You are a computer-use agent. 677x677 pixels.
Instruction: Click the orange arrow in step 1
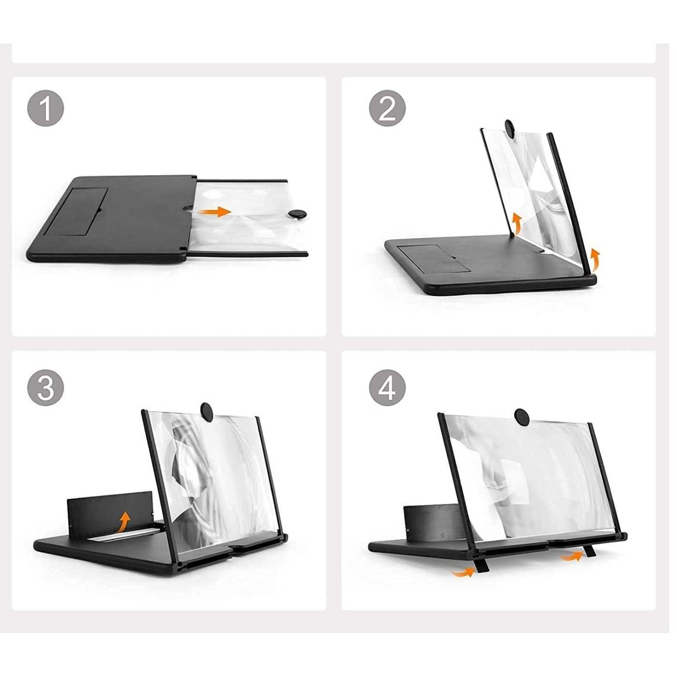[215, 212]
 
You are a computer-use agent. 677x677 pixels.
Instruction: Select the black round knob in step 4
[522, 417]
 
